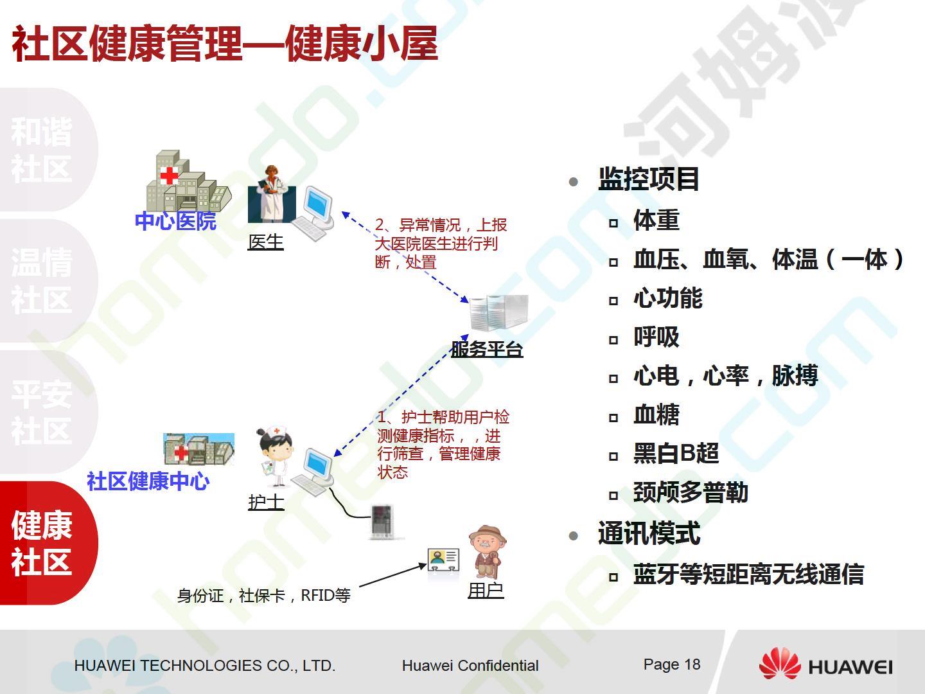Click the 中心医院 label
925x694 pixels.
[x=175, y=221]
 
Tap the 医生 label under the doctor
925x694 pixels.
[x=265, y=242]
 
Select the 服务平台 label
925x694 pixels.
[x=487, y=350]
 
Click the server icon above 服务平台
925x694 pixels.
[x=499, y=313]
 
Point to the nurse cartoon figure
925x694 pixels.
[x=274, y=456]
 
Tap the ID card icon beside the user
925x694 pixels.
[x=443, y=560]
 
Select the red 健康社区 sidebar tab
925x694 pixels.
[x=46, y=543]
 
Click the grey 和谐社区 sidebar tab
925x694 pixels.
[x=46, y=150]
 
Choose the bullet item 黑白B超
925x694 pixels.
[x=676, y=454]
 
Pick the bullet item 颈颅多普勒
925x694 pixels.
[x=691, y=492]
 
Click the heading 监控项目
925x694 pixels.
[x=649, y=179]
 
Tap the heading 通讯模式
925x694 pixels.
[x=649, y=533]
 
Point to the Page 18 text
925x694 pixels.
[x=672, y=664]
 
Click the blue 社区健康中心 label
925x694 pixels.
[x=148, y=481]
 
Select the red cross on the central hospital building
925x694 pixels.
[x=169, y=175]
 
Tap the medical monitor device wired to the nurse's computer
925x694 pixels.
[x=382, y=521]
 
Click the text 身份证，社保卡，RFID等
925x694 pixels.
[x=264, y=596]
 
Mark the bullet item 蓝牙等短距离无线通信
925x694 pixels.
[x=748, y=574]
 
